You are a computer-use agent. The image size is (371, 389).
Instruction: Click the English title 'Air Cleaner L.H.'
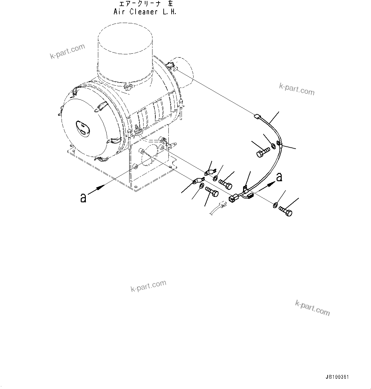145,12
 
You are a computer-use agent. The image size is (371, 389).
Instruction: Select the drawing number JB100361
337,377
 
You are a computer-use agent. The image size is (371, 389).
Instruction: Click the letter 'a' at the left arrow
83,198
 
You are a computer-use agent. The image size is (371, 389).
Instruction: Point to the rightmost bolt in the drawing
285,211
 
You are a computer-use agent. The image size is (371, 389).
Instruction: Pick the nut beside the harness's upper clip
273,146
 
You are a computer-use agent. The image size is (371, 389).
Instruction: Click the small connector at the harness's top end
257,117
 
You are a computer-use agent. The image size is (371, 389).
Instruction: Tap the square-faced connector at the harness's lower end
233,199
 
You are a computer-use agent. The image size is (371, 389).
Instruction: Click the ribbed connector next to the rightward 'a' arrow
250,195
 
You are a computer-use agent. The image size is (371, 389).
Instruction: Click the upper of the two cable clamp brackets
210,173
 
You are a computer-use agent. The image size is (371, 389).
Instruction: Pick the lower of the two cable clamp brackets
198,181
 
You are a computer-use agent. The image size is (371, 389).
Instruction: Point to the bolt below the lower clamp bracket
212,192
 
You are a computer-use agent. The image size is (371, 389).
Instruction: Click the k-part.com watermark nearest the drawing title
68,51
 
